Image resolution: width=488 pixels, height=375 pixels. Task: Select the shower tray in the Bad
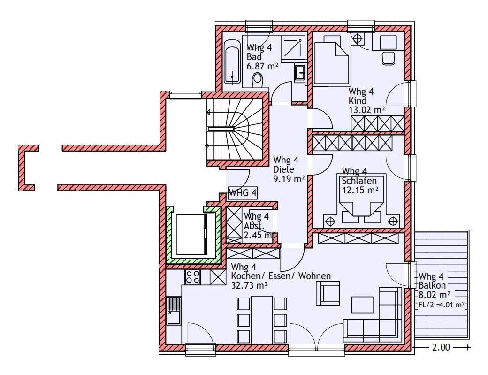click(293, 48)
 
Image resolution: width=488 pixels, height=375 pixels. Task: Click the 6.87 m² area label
click(262, 66)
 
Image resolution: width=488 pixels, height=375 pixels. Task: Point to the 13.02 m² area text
click(366, 110)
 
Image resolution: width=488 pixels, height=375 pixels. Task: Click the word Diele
click(283, 169)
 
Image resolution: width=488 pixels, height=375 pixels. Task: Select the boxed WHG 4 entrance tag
click(243, 193)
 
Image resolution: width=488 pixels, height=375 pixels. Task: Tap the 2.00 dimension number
click(441, 347)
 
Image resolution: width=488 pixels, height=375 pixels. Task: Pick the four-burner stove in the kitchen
click(193, 276)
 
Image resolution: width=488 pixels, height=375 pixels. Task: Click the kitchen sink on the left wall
click(174, 311)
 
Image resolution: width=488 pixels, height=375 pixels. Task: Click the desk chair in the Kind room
click(389, 59)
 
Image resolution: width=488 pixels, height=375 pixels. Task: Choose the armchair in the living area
click(328, 293)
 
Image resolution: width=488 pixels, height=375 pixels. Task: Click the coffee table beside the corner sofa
click(362, 305)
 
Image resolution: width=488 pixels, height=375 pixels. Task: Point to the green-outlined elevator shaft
click(193, 236)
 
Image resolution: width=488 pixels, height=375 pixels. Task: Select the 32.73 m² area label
click(249, 285)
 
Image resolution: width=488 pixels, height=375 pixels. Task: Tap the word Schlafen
click(359, 181)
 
